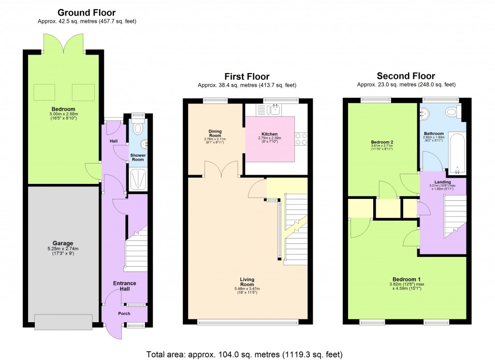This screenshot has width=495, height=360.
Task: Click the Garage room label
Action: point(63,243)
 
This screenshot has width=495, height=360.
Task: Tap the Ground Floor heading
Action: point(87,13)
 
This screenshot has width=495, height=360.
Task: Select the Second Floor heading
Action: point(406,76)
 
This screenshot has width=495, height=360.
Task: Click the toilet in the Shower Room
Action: point(138,129)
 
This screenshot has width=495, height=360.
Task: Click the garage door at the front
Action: point(63,320)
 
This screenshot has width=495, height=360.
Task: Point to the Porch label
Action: point(124,314)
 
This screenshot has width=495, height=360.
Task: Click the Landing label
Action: point(442,181)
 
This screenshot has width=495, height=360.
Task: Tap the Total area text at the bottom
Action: point(244,354)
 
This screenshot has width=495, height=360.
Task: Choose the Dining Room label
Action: point(215,133)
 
